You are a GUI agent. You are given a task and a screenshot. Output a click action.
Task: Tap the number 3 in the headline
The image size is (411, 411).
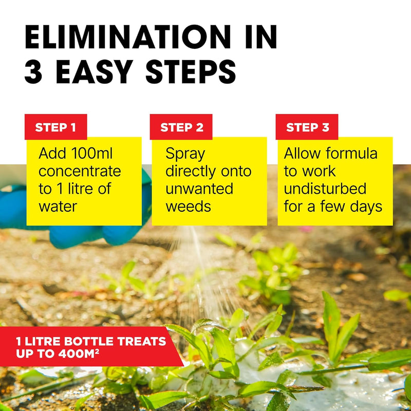pos(33,71)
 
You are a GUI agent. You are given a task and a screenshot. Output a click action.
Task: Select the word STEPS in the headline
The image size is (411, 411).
pos(191,71)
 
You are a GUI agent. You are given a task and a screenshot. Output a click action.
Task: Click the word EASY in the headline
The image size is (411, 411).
pos(95,71)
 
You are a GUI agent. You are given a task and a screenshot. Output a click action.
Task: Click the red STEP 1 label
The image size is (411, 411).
pos(55,127)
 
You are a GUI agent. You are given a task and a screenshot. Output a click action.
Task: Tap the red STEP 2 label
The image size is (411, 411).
pos(181,127)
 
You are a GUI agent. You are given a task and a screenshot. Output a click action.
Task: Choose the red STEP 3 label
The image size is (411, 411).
pos(307,127)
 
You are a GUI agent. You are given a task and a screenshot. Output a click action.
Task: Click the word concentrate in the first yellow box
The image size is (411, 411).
pos(80,172)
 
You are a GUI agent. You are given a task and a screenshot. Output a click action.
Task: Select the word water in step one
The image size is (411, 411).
pos(58,207)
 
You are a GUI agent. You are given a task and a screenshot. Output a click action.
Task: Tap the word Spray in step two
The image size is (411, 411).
pos(185,154)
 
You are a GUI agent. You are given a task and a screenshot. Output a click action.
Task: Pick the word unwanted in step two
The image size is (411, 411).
pos(199,189)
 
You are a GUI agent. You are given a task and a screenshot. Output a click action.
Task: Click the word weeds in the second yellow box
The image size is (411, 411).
pos(188,207)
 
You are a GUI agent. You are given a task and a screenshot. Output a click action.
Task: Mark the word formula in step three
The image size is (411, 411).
pos(352,153)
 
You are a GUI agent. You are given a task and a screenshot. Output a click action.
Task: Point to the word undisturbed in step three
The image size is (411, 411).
pos(325,189)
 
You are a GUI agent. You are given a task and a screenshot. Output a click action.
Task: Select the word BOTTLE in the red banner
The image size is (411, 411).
pos(89,341)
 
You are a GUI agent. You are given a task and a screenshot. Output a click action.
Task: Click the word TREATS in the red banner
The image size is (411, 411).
pos(142,341)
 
